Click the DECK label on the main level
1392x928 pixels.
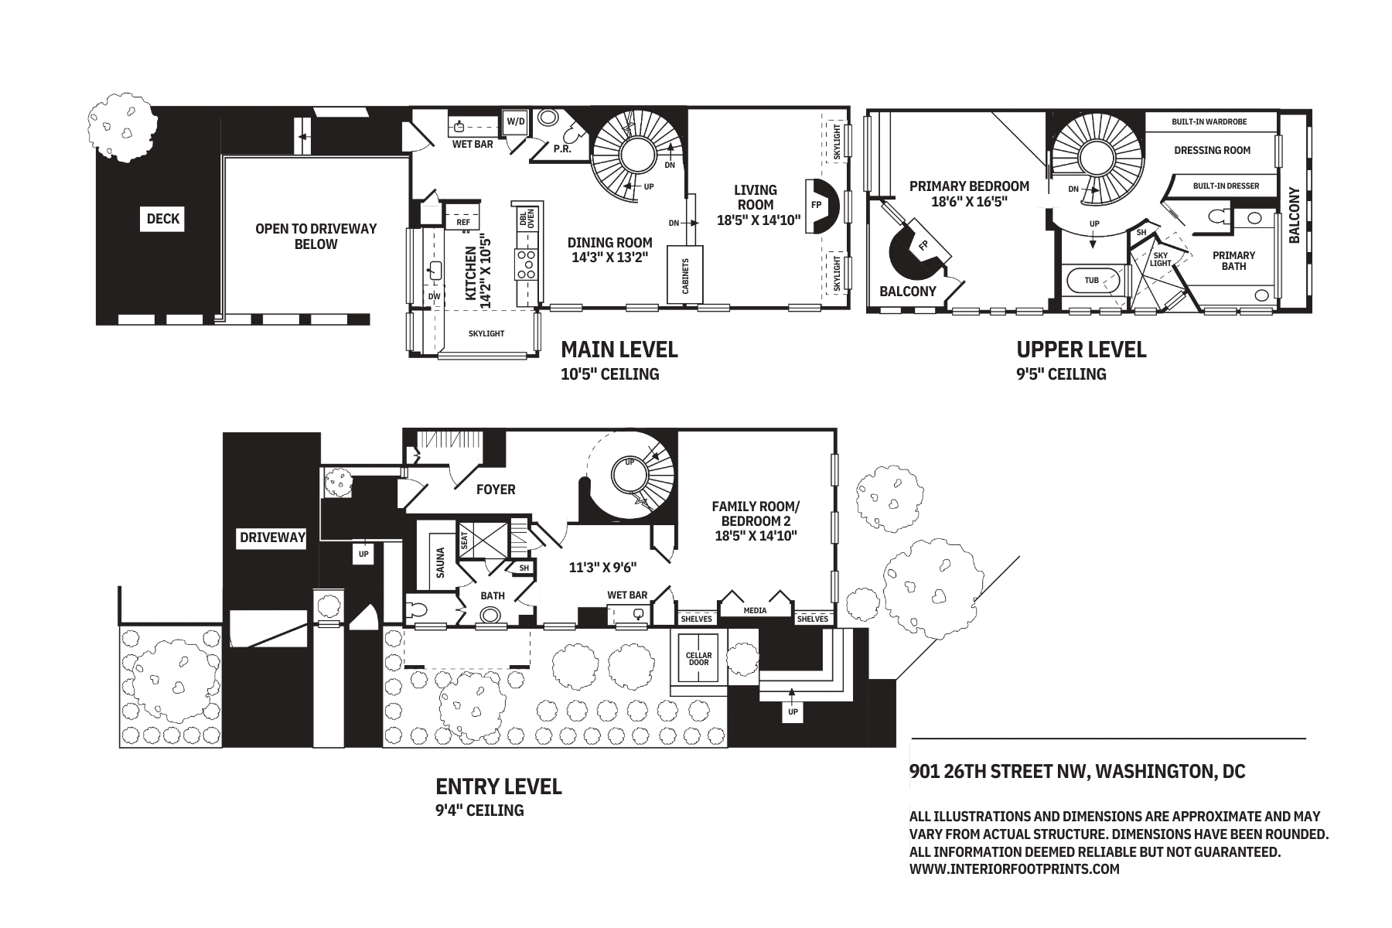tap(163, 219)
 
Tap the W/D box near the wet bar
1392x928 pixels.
tap(515, 122)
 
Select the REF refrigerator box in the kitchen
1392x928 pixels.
tap(463, 222)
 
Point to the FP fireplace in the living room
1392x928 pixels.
tap(817, 206)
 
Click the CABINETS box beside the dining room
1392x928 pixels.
tap(685, 275)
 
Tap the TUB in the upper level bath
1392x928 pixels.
tap(1091, 280)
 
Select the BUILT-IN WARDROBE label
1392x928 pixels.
tap(1209, 122)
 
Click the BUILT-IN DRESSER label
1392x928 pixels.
tap(1226, 186)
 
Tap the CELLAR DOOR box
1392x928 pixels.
tap(698, 659)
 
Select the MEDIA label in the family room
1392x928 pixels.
tap(755, 611)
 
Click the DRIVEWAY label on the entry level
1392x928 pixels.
tap(272, 537)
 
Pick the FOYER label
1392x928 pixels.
tap(496, 490)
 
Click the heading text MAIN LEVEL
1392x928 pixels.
tap(619, 350)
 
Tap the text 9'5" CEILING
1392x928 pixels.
tap(1061, 374)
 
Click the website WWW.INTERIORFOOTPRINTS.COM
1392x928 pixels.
tap(1015, 869)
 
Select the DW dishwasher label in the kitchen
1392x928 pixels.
tap(434, 296)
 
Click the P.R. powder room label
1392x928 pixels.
tap(562, 149)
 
